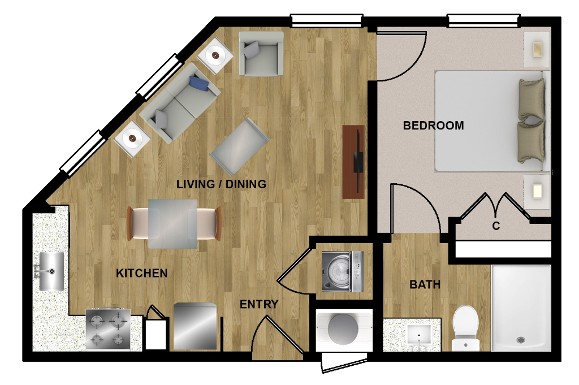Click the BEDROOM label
coord(434,126)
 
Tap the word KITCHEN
coord(142,273)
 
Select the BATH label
coord(425,284)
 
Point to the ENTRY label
coord(259,304)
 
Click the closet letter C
coord(496,226)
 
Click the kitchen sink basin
coord(51,271)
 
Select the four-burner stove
coord(108,328)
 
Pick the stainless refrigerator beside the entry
coord(195,326)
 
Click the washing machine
coord(342,271)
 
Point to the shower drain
coord(521,340)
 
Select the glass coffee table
coord(239,146)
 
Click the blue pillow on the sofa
coord(199,84)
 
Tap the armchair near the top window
coord(261,54)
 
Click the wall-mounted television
coord(358,162)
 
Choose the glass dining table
coord(173,224)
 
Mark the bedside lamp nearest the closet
coord(537,192)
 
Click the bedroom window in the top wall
coord(484,21)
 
